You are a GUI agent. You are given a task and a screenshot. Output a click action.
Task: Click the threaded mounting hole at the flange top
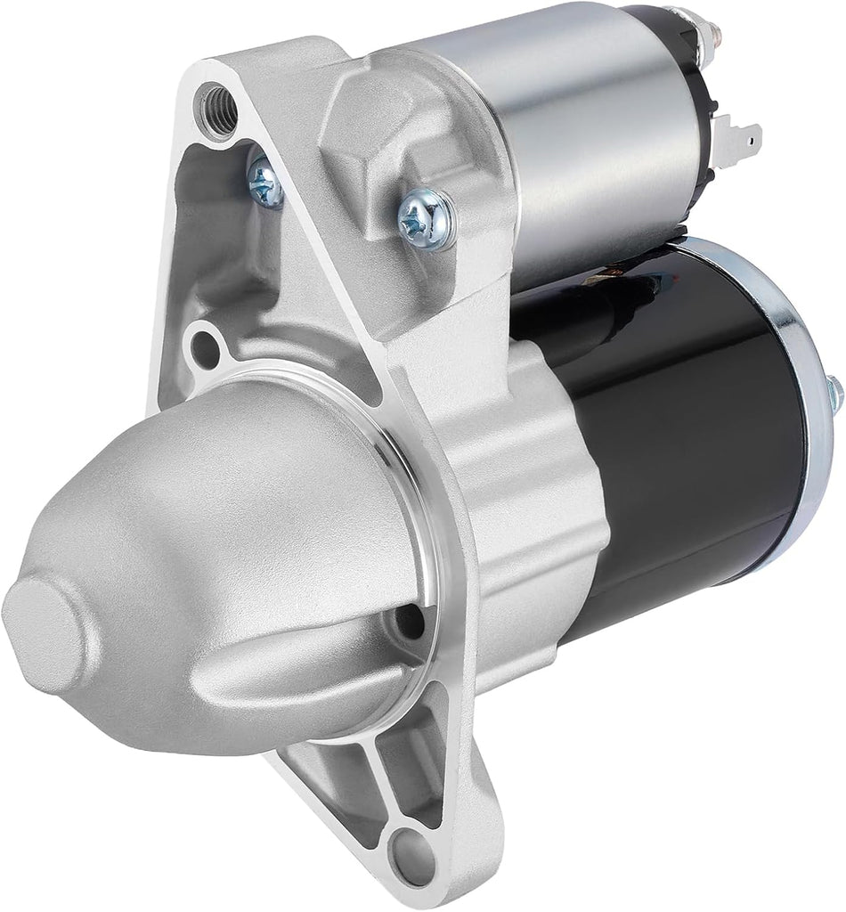point(216,104)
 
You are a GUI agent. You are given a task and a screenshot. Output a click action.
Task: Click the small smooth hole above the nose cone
point(206,346)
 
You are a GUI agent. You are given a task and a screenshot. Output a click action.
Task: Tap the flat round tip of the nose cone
point(45,623)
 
